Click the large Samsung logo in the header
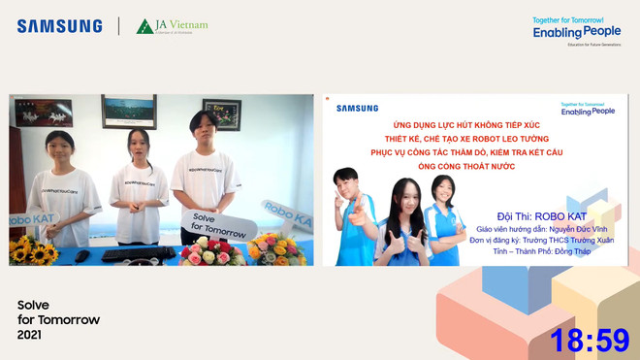(59, 26)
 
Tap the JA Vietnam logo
(172, 26)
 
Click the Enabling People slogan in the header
(576, 30)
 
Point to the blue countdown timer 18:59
(590, 340)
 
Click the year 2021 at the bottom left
(30, 335)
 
